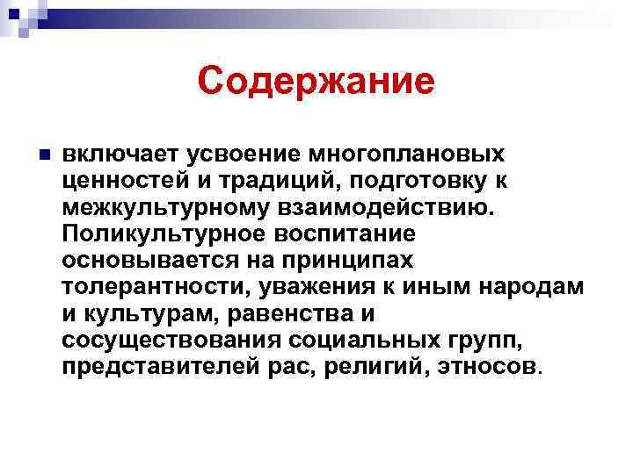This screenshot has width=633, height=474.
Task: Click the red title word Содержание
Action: tap(316, 82)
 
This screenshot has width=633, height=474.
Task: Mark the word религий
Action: tap(360, 365)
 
